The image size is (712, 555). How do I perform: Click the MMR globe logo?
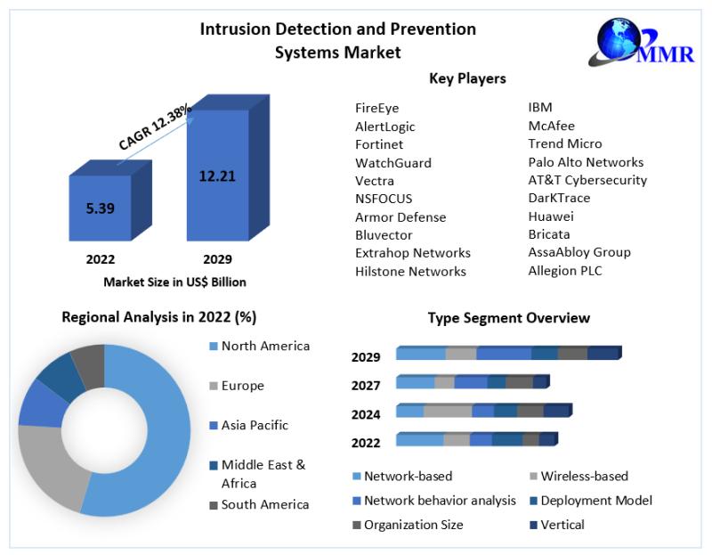click(x=641, y=43)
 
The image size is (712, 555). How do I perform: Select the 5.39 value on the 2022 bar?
click(x=101, y=208)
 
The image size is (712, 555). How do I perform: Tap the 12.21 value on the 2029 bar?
click(x=217, y=175)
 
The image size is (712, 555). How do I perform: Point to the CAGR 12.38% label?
click(x=155, y=127)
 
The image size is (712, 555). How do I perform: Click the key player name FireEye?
click(x=376, y=108)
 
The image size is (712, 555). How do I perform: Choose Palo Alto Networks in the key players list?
click(x=586, y=162)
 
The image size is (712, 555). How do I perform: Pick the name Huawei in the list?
click(x=551, y=216)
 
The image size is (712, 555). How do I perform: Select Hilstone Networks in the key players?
click(x=410, y=272)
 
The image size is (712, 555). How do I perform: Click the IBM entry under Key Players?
click(x=540, y=107)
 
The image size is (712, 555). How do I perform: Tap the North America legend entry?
click(x=260, y=346)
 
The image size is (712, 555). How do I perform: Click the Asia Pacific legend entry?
click(x=249, y=425)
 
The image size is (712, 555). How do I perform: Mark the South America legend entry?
click(x=259, y=504)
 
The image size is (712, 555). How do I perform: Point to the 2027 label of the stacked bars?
click(x=366, y=386)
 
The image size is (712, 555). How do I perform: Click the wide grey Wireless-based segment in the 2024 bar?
click(x=448, y=411)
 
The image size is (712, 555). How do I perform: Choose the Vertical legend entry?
click(x=557, y=525)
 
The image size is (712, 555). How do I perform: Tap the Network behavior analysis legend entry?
click(x=434, y=501)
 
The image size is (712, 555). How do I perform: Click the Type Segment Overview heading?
click(x=508, y=318)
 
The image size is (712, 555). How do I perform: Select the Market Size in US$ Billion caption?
click(x=174, y=282)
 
